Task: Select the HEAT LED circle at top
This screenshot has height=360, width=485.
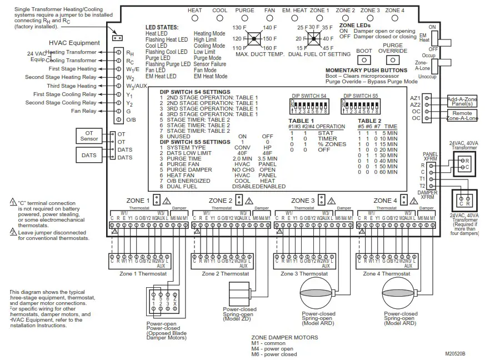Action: (x=195, y=18)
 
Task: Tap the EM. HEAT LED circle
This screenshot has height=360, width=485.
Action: (x=294, y=18)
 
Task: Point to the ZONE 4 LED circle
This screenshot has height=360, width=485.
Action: (x=394, y=18)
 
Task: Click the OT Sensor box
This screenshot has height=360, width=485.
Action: (x=89, y=135)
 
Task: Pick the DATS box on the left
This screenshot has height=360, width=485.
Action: (x=89, y=156)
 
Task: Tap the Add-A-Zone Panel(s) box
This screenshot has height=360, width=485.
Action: (x=462, y=101)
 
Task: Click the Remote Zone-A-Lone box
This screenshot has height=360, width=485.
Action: (x=462, y=116)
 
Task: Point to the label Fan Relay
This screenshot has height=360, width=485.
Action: (x=84, y=111)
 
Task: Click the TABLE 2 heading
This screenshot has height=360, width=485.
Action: (x=369, y=121)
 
